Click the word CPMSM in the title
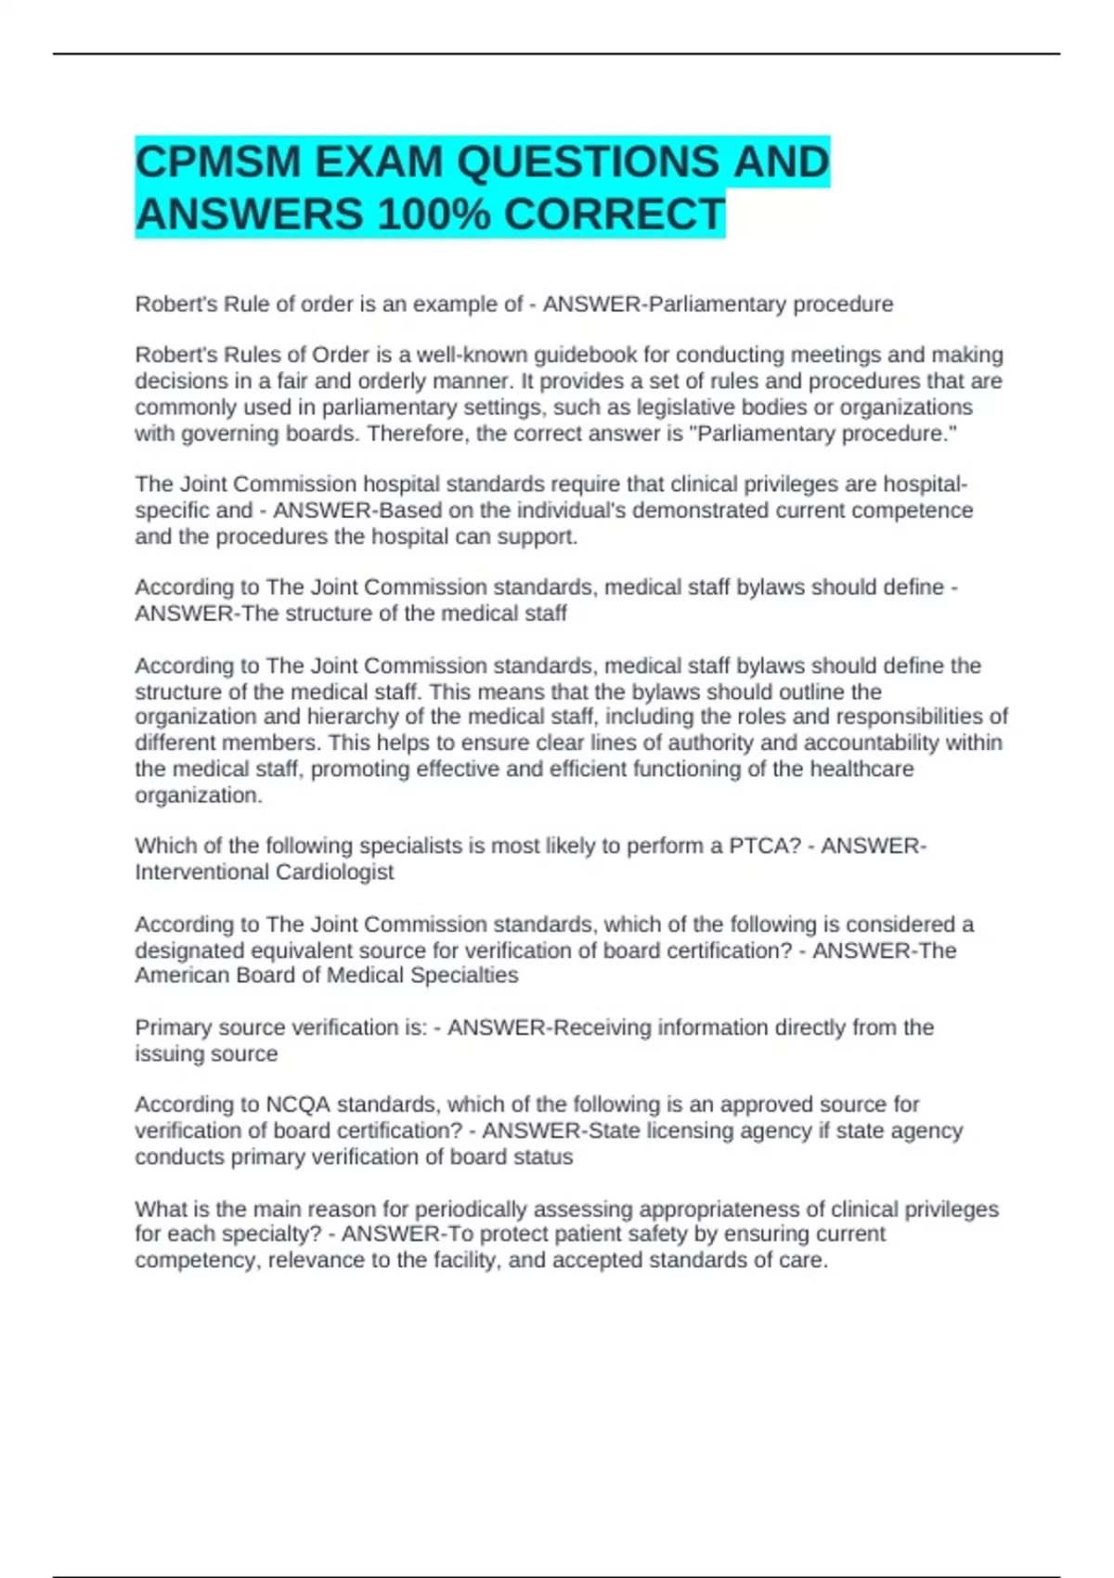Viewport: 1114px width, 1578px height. (x=218, y=162)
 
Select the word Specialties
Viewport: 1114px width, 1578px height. (x=464, y=976)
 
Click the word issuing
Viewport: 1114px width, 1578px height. (x=163, y=1054)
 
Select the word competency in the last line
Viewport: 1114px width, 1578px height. (x=196, y=1261)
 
